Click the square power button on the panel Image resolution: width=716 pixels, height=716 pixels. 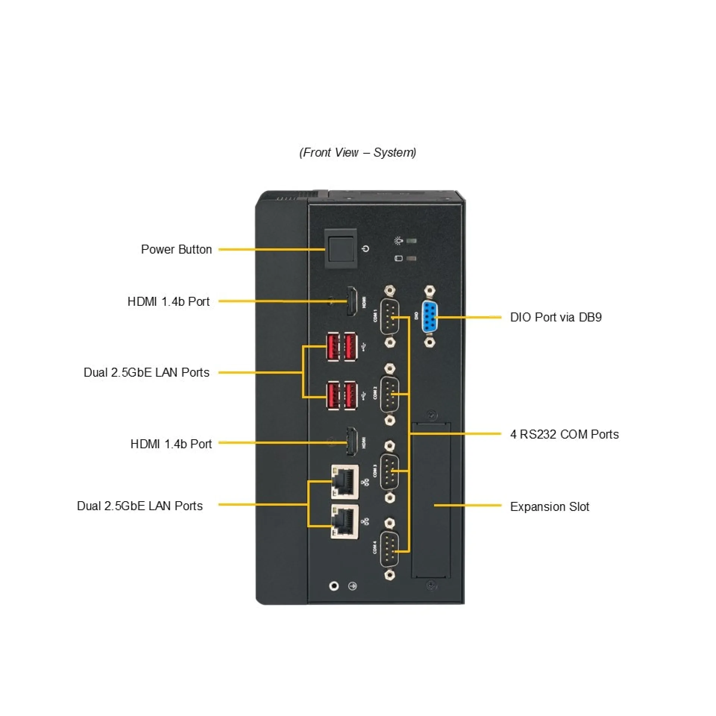click(x=340, y=248)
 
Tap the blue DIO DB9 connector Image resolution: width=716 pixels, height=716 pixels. click(x=430, y=317)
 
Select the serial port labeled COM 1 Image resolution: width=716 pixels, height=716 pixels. click(x=390, y=317)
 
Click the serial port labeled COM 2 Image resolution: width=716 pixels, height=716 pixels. click(x=390, y=395)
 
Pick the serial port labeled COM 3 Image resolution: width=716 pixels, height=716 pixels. click(x=390, y=471)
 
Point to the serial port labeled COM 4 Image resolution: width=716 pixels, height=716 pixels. click(x=390, y=549)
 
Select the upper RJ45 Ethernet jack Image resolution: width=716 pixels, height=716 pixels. click(x=345, y=481)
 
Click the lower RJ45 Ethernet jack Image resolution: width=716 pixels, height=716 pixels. click(x=345, y=522)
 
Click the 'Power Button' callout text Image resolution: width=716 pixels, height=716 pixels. click(x=176, y=249)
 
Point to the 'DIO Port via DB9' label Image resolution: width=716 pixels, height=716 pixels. click(x=556, y=317)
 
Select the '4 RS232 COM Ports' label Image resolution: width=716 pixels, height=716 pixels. click(x=564, y=434)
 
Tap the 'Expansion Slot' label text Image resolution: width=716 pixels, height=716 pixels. click(x=549, y=507)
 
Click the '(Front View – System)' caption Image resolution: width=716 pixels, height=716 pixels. click(x=358, y=153)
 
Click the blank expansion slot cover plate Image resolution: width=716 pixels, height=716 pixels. click(x=431, y=500)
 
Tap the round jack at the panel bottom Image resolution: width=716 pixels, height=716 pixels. click(x=334, y=586)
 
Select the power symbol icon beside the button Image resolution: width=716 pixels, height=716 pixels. click(x=366, y=249)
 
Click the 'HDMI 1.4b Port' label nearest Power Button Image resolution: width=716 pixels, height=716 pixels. click(x=169, y=301)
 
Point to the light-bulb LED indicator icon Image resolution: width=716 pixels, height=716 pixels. click(x=399, y=241)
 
